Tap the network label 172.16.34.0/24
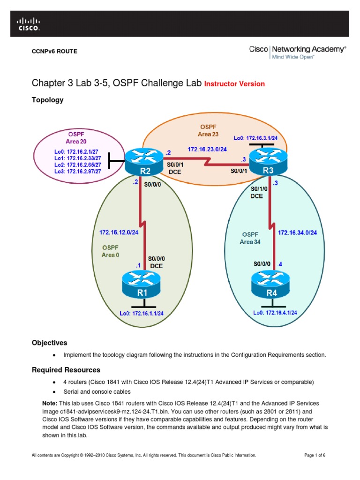click(297, 232)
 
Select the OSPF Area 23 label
click(208, 130)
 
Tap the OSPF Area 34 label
click(250, 238)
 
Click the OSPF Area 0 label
click(111, 251)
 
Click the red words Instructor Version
click(235, 84)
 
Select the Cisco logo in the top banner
click(29, 23)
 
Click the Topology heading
click(47, 100)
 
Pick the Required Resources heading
click(66, 370)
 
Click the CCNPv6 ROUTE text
click(54, 51)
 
